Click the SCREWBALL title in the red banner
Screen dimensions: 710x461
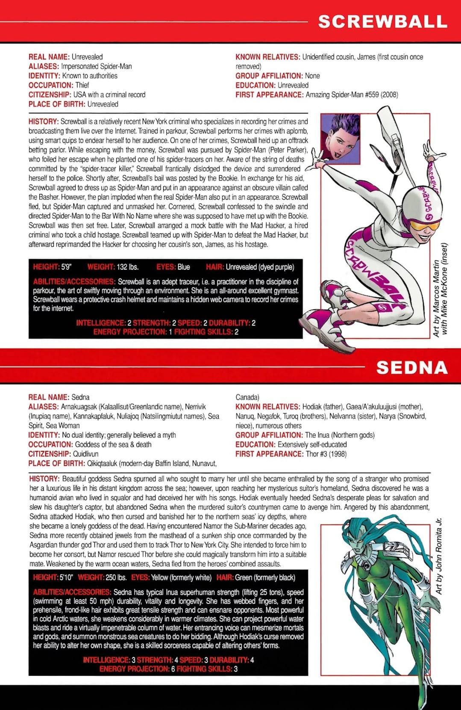[x=382, y=21]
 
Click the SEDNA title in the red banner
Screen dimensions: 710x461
[x=411, y=367]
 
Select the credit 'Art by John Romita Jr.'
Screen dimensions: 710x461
[x=438, y=556]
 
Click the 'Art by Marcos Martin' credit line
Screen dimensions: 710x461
[x=436, y=298]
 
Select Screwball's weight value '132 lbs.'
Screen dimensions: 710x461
[x=128, y=267]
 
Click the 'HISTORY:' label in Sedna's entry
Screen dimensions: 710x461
[x=44, y=479]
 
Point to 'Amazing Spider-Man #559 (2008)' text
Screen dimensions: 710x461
[x=352, y=95]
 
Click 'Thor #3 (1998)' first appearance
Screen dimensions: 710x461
[x=326, y=454]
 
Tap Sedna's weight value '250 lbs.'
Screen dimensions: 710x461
[x=116, y=577]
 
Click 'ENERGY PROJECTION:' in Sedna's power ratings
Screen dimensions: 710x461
[x=134, y=669]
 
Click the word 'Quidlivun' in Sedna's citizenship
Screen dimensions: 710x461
[x=85, y=454]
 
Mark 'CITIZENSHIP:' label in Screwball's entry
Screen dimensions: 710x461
[x=50, y=95]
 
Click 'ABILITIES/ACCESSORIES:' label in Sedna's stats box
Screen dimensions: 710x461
[x=72, y=592]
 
